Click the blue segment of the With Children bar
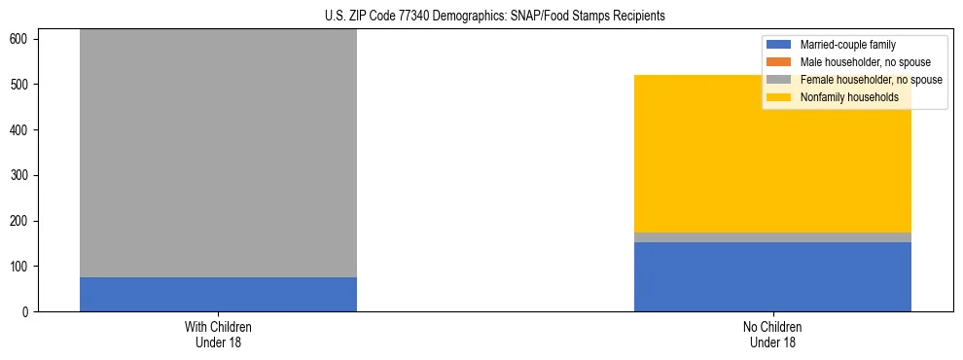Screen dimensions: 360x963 (x=218, y=294)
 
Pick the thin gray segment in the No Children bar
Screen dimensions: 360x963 (x=772, y=237)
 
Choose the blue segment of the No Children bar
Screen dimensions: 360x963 (x=772, y=277)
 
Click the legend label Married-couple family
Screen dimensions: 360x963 (x=847, y=45)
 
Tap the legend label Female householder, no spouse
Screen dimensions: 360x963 (x=871, y=80)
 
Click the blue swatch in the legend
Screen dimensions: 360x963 (x=779, y=45)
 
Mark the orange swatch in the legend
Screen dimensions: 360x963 (x=779, y=62)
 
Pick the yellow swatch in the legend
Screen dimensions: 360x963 (x=779, y=97)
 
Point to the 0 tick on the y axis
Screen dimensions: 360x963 (x=27, y=312)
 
